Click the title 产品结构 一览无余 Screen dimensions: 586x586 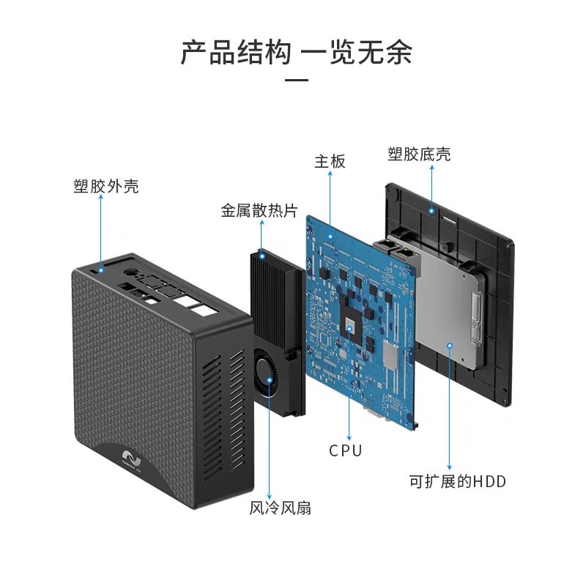[x=296, y=53]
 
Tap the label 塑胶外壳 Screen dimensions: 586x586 [x=106, y=186]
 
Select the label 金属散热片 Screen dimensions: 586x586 [x=259, y=211]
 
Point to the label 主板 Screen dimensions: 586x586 [x=330, y=162]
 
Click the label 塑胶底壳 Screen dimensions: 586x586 [x=419, y=154]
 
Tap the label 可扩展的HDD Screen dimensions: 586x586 [x=457, y=481]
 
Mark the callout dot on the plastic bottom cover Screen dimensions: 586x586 [x=432, y=211]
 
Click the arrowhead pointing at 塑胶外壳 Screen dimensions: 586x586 [x=100, y=201]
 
